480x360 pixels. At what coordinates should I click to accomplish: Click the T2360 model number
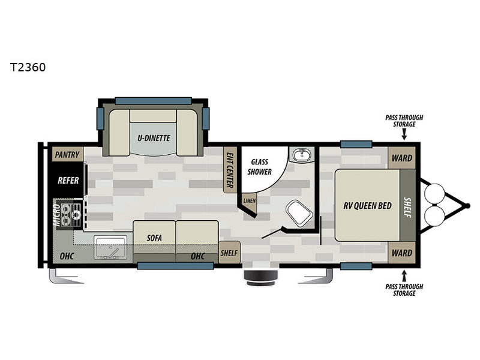click(x=28, y=67)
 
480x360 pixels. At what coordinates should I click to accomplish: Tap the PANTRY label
click(x=67, y=155)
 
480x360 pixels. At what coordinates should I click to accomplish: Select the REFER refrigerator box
click(x=68, y=180)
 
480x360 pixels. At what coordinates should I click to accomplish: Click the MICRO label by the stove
click(x=56, y=215)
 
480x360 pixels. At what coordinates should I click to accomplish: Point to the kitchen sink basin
click(x=110, y=247)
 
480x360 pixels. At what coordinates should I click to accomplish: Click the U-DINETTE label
click(x=154, y=138)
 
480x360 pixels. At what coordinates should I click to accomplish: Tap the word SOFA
click(x=154, y=238)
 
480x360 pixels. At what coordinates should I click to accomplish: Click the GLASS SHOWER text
click(x=259, y=167)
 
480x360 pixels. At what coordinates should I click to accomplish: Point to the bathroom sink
click(x=302, y=155)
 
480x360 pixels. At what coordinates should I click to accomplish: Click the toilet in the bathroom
click(x=299, y=214)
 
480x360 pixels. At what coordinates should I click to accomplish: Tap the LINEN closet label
click(x=249, y=201)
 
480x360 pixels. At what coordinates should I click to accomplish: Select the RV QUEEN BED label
click(x=367, y=205)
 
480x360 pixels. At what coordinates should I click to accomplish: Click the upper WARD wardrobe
click(x=401, y=158)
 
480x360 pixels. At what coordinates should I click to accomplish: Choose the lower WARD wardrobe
click(x=401, y=253)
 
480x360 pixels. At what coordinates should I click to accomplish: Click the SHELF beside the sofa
click(x=229, y=253)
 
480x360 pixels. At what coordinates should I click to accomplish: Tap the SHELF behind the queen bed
click(x=408, y=205)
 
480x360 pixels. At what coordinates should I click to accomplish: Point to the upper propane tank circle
click(x=434, y=193)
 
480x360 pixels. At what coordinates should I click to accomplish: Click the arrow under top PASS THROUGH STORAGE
click(x=404, y=134)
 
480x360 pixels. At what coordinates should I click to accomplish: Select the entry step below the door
click(x=260, y=278)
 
